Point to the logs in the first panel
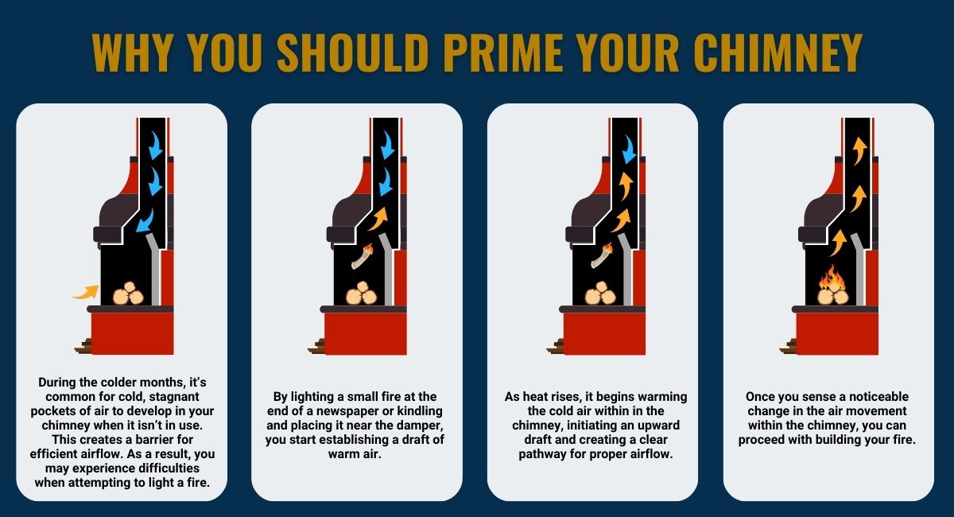[x=128, y=295]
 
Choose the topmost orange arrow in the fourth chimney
[x=858, y=149]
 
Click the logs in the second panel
[x=362, y=293]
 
